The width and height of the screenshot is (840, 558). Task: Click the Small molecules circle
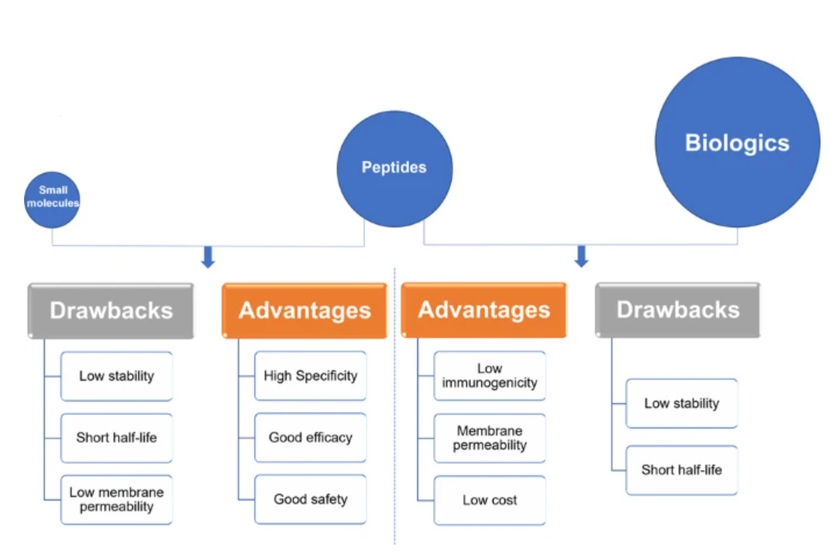(x=52, y=199)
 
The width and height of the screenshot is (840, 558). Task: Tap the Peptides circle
(x=395, y=169)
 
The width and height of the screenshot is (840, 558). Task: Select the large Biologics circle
(x=737, y=142)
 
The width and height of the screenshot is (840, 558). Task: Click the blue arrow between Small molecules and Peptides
(x=208, y=257)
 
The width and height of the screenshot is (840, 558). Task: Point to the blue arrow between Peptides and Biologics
(x=581, y=257)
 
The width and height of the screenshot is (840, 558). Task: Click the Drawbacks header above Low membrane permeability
(x=111, y=311)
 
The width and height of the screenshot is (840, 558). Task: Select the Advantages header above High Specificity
(x=305, y=311)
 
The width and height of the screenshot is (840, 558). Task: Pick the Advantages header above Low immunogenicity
(x=484, y=310)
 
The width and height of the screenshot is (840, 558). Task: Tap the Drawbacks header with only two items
(x=678, y=310)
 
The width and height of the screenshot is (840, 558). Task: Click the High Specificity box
(x=310, y=376)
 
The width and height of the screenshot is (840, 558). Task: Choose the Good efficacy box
(x=310, y=437)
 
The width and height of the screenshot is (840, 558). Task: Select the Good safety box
(x=310, y=499)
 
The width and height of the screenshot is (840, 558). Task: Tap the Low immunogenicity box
(x=490, y=376)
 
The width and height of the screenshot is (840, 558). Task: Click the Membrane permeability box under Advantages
(x=490, y=438)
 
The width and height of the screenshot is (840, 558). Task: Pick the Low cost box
(x=490, y=500)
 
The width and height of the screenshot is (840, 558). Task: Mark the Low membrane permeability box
(x=117, y=500)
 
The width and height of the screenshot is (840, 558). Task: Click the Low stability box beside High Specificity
(x=117, y=377)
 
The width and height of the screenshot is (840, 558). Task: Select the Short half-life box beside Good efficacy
(x=117, y=438)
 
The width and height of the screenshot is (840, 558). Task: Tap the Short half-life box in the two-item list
(x=681, y=470)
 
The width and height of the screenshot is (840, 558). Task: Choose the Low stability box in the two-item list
(x=681, y=403)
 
